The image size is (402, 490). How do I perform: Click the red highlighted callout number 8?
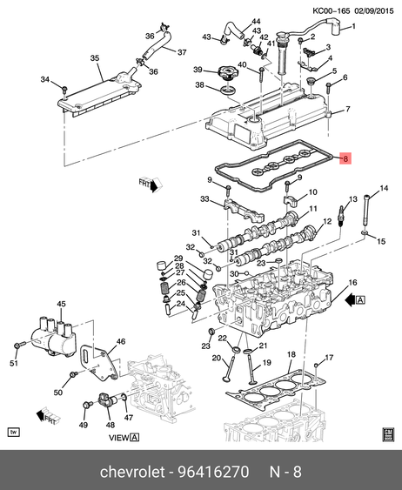tap(345, 158)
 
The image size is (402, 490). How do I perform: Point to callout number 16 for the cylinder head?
tap(352, 283)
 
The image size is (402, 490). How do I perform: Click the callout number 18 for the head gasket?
tap(291, 354)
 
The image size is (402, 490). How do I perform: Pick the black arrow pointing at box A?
tap(350, 300)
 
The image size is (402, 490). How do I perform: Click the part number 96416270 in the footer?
tap(213, 471)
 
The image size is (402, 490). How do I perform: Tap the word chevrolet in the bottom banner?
tap(131, 471)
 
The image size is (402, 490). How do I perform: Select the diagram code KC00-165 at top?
tap(332, 11)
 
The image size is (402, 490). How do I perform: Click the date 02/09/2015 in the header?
tap(374, 11)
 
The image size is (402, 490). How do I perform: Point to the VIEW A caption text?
tap(124, 438)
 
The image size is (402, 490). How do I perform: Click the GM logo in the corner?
tap(388, 434)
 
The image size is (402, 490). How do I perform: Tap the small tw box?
tap(13, 433)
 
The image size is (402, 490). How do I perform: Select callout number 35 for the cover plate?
tap(95, 58)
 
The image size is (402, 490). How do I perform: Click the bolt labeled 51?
tap(19, 346)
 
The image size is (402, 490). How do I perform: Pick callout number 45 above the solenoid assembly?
tap(61, 304)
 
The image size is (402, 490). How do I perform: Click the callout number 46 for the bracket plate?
tap(121, 341)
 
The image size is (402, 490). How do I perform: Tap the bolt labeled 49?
tap(87, 405)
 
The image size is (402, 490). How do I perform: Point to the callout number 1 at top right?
tap(353, 26)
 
